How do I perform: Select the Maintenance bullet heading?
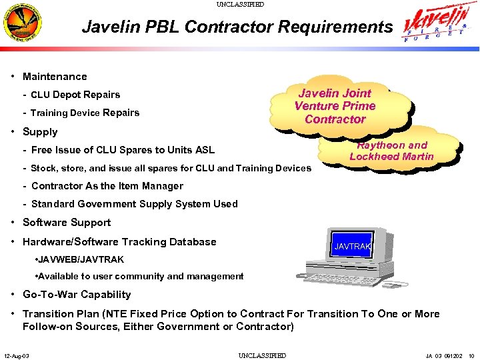tap(55, 77)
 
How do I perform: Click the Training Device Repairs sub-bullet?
tap(85, 113)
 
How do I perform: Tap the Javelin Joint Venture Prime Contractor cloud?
tap(335, 106)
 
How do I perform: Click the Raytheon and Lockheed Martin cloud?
tap(392, 151)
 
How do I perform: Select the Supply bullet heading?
tap(40, 132)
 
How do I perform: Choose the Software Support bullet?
tap(67, 223)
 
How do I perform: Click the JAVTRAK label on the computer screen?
tap(352, 247)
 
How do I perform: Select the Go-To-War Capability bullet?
tap(77, 295)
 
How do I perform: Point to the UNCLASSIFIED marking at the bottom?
tap(262, 355)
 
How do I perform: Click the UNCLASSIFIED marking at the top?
tap(240, 4)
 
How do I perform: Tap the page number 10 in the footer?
tap(471, 355)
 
